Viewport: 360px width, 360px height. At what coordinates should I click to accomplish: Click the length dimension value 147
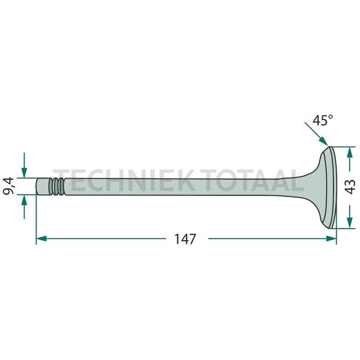click(x=185, y=239)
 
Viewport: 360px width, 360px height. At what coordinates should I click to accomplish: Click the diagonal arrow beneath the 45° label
click(x=316, y=137)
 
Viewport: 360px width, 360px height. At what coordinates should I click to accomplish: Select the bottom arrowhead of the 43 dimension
click(x=349, y=222)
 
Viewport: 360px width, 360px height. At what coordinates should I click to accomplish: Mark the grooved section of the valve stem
click(x=56, y=186)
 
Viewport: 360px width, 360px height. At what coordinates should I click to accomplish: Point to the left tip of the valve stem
click(x=39, y=186)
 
